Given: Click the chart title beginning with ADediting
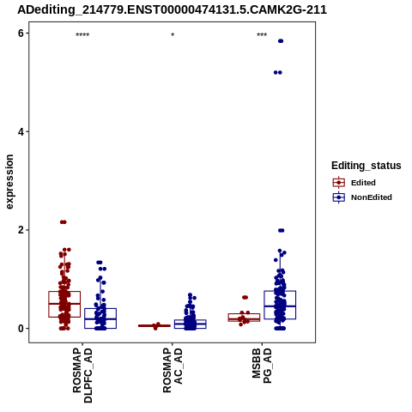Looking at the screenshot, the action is pos(172,10).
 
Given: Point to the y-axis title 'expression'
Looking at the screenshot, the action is pos(9,182).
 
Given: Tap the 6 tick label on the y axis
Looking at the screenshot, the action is pos(21,33).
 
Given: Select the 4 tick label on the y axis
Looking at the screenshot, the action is pos(21,132).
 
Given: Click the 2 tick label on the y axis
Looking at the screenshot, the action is pos(21,230).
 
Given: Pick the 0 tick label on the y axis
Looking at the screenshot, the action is pos(21,329).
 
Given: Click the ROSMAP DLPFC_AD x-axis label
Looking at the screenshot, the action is pos(82,375).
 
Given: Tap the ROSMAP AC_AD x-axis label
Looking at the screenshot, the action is pos(173,371).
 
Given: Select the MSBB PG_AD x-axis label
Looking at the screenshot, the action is pos(262,366).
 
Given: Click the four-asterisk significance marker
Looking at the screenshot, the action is pos(82,35).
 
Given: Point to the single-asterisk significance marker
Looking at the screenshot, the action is pos(173,35).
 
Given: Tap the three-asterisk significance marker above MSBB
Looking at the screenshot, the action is pos(262,35).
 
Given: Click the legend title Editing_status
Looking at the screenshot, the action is pos(366,166).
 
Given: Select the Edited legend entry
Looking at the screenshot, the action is pos(354,183).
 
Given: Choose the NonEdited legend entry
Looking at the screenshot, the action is pos(362,197).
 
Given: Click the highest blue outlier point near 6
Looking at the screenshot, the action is pos(281,41).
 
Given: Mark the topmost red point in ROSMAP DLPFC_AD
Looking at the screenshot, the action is pos(64,222).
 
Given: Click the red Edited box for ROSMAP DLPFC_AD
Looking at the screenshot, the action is pos(64,304).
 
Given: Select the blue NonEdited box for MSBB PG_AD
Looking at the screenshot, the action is pos(280,305).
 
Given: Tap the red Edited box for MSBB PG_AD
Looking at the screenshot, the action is pos(244,318).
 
